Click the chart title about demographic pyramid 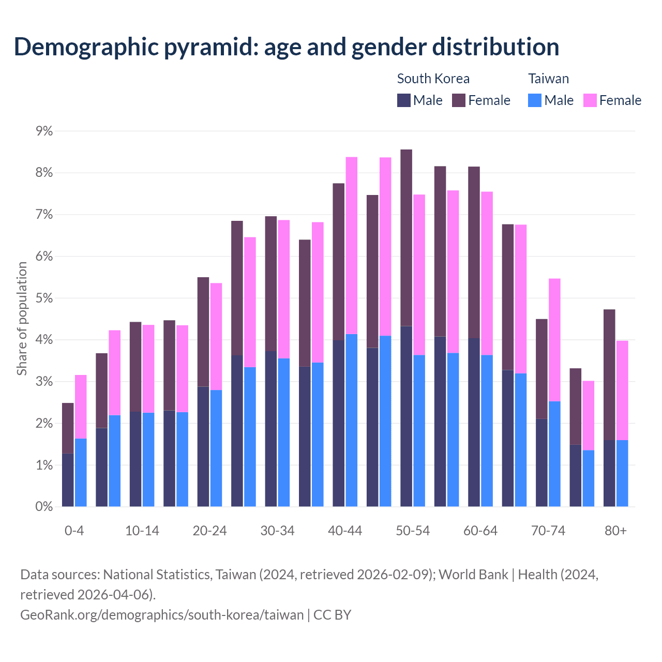287,47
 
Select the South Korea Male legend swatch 404,100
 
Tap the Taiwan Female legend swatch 590,100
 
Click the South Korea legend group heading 433,79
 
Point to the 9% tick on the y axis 44,131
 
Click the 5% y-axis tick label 44,298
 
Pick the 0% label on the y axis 44,507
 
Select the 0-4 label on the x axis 74,531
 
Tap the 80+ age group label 615,531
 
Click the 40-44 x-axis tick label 345,531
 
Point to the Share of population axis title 22,318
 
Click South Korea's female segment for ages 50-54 407,238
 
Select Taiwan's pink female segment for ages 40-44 352,246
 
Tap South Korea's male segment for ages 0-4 68,480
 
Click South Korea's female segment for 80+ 609,375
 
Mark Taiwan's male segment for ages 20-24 216,448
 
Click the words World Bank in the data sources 473,575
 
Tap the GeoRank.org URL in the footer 162,615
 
